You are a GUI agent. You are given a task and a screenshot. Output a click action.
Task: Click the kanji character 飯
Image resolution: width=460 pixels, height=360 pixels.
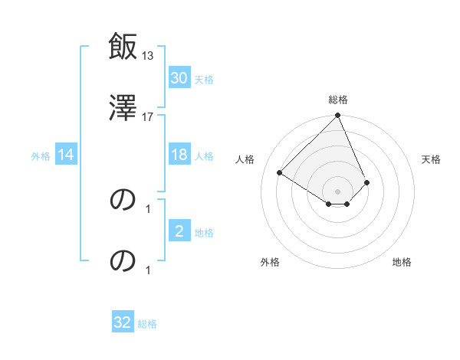(x=123, y=47)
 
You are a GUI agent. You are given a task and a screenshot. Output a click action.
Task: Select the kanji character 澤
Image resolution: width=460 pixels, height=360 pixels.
(x=123, y=106)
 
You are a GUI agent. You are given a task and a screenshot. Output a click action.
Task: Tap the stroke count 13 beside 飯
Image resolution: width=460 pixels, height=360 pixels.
(x=148, y=56)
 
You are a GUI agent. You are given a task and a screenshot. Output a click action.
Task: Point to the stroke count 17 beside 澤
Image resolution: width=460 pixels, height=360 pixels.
(x=148, y=116)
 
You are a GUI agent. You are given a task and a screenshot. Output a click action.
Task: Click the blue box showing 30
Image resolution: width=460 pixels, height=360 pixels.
(x=179, y=78)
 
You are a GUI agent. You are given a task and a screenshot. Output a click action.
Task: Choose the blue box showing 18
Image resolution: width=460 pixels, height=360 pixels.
(x=179, y=155)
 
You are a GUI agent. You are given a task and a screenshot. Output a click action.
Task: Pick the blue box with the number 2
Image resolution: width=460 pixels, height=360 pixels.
(x=179, y=231)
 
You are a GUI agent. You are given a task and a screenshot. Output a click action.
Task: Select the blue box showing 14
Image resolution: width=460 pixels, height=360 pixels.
(x=66, y=155)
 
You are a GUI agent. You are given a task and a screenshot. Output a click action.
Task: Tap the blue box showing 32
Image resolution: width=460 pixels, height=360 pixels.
(x=123, y=322)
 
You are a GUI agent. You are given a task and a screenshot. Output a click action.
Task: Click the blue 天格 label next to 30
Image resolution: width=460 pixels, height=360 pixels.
(x=203, y=80)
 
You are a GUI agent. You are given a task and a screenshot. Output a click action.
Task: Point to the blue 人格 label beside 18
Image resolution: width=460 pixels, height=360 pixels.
(x=203, y=156)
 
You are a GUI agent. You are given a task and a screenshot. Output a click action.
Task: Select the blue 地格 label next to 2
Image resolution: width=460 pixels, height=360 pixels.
(x=203, y=233)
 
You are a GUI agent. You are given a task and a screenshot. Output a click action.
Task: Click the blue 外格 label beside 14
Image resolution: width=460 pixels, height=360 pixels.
(x=41, y=156)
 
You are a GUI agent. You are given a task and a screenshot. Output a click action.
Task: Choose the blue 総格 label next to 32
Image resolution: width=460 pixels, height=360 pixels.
(x=147, y=324)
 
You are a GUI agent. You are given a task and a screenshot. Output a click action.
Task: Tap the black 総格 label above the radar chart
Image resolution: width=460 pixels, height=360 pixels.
(x=338, y=100)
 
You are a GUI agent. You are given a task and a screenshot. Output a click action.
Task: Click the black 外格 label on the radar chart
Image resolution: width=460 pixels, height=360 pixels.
(x=270, y=262)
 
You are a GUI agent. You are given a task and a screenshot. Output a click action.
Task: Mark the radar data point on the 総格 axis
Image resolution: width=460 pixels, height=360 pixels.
(x=338, y=116)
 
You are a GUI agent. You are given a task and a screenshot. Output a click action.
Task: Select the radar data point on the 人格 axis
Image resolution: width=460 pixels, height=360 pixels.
(x=280, y=172)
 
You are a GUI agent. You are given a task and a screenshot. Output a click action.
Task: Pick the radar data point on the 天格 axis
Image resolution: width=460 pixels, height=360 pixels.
(x=367, y=182)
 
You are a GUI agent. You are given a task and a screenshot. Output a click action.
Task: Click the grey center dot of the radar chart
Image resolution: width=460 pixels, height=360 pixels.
(x=338, y=191)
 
